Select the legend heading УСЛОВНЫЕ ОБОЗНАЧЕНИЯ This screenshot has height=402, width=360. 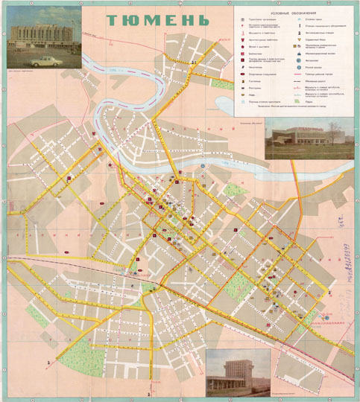click(x=294, y=14)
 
